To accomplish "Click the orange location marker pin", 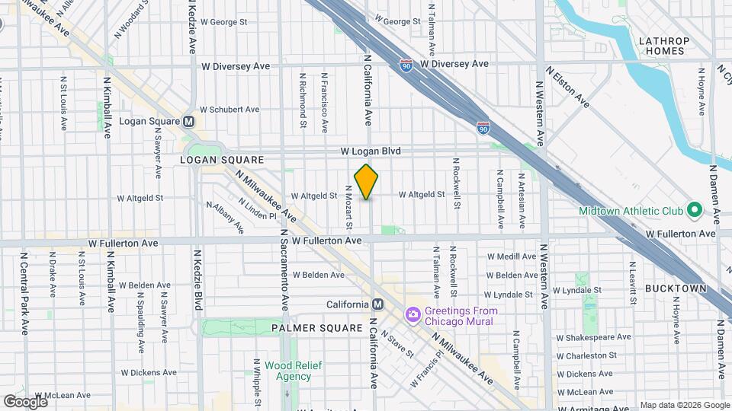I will click(x=366, y=182).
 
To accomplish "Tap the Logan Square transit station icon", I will click(x=188, y=122).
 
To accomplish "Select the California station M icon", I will click(x=378, y=304).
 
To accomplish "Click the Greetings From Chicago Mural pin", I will click(x=413, y=314).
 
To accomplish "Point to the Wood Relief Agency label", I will click(x=283, y=371).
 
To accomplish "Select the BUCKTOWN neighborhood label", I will click(x=676, y=289).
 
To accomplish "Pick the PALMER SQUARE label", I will click(x=317, y=328).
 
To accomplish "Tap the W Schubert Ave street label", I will click(x=229, y=110).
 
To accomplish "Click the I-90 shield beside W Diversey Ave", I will click(x=406, y=65).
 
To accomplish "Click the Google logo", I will click(x=25, y=401).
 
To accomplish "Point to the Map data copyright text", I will click(x=684, y=405).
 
